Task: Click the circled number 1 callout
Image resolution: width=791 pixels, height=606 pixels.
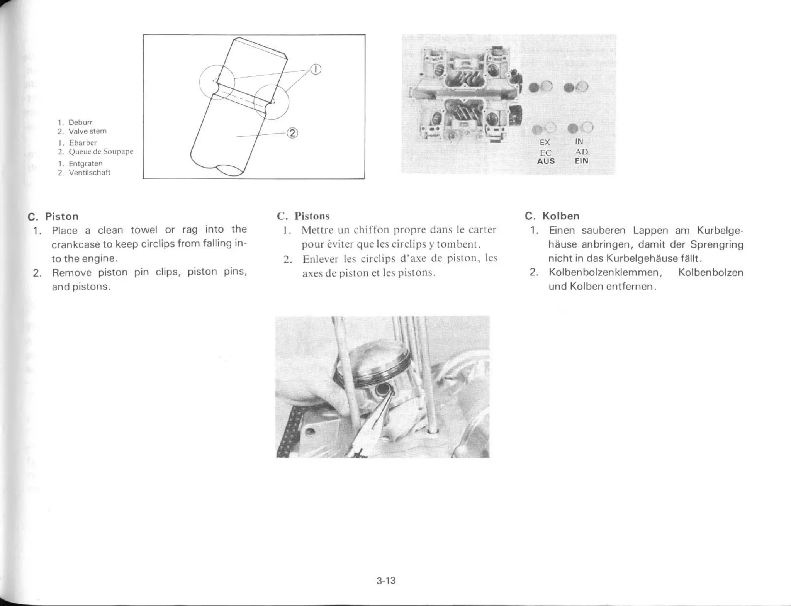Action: pyautogui.click(x=316, y=70)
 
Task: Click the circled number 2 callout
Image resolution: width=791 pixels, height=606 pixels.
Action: pyautogui.click(x=292, y=133)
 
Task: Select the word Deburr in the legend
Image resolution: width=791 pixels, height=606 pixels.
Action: pyautogui.click(x=80, y=122)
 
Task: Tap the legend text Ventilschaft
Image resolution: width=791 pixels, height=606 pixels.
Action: pyautogui.click(x=90, y=173)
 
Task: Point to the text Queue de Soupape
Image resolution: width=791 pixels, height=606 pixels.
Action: pyautogui.click(x=101, y=151)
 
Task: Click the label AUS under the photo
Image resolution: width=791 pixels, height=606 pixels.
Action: pyautogui.click(x=546, y=161)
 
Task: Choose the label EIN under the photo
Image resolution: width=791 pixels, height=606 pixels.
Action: pyautogui.click(x=581, y=161)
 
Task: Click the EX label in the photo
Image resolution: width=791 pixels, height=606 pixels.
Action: pyautogui.click(x=545, y=143)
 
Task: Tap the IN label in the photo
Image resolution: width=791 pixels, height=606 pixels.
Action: pyautogui.click(x=579, y=142)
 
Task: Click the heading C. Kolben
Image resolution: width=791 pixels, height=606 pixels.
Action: pyautogui.click(x=552, y=216)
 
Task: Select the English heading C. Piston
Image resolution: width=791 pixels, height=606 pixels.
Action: pyautogui.click(x=53, y=216)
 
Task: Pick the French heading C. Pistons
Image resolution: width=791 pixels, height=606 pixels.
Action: pyautogui.click(x=303, y=216)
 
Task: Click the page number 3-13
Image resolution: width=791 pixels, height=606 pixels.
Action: pyautogui.click(x=386, y=581)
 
